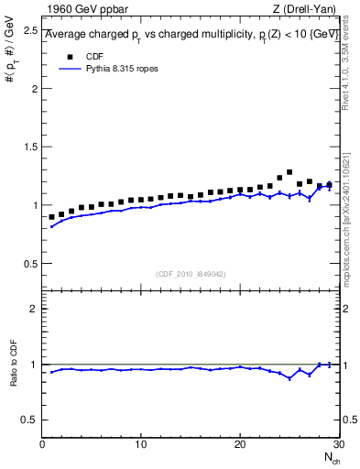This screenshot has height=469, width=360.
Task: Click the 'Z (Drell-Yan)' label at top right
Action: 306,9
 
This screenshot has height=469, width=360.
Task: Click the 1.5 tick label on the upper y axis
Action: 30,147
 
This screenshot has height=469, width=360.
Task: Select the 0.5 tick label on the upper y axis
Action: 30,264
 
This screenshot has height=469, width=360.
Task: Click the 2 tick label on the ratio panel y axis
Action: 34,309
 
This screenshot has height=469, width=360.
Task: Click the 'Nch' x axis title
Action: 332,458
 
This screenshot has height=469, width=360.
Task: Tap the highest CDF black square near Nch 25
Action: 289,172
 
